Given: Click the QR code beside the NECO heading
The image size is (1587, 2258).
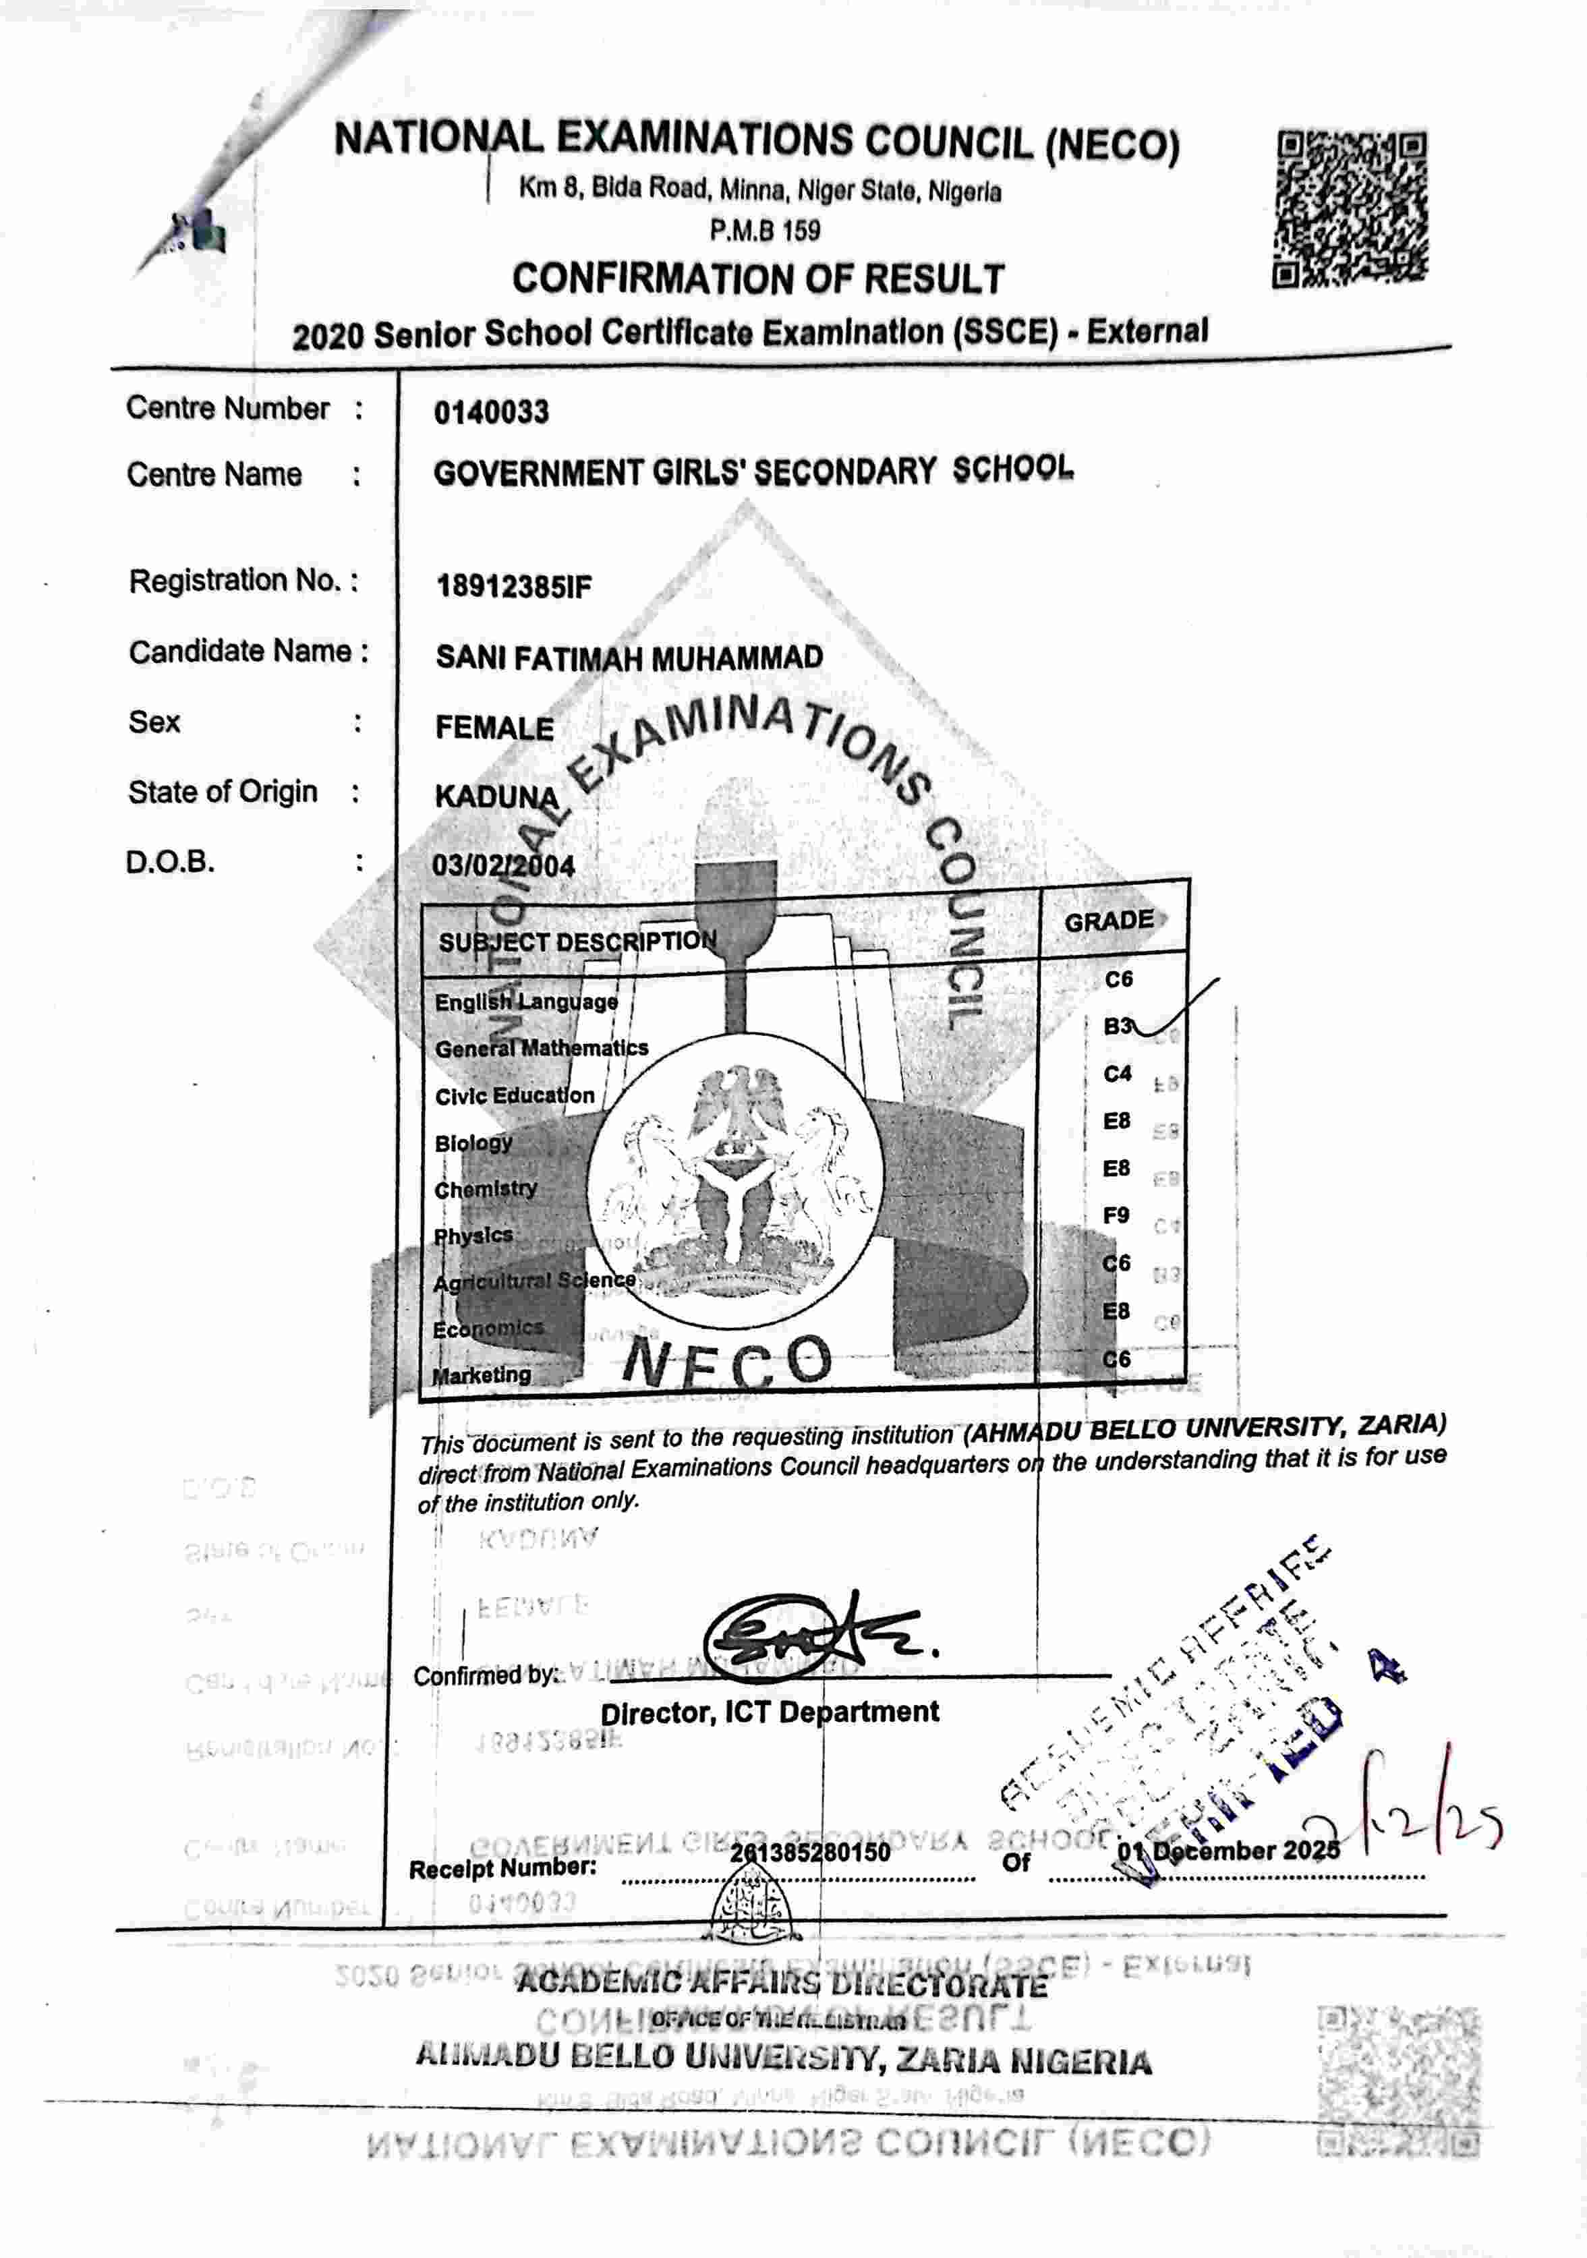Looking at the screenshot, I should point(1350,210).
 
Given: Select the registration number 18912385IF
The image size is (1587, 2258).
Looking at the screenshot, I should point(513,587).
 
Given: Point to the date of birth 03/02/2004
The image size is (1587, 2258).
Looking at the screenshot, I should point(502,865).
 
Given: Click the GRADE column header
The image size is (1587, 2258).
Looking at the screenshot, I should point(1108,921).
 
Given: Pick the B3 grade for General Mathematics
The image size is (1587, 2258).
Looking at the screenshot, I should point(1117,1026).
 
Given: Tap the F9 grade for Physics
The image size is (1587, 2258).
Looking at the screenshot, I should point(1116,1215).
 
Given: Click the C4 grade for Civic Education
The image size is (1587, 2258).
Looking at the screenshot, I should point(1117,1074).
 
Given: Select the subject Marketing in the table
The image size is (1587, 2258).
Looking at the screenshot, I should point(482,1375).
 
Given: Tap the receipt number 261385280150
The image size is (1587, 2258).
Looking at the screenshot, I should point(809,1853).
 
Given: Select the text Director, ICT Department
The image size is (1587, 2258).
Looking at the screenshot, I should point(769,1712).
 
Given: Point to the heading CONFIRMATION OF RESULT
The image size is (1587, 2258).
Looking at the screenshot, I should point(757,279).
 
